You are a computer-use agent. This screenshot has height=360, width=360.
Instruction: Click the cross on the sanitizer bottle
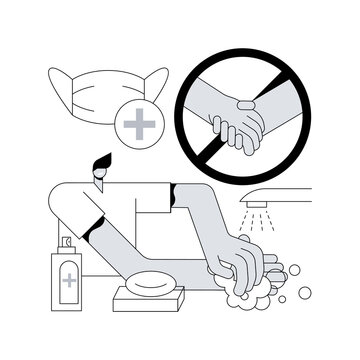(69, 281)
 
